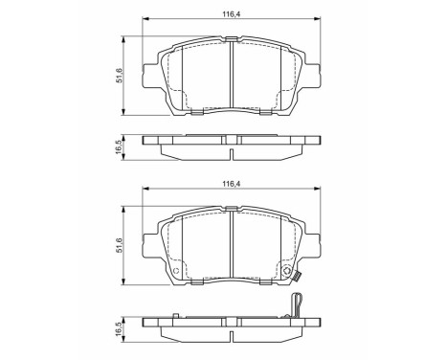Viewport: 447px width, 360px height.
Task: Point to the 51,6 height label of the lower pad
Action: coord(120,247)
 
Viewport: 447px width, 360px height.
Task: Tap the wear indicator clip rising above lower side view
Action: coord(298,304)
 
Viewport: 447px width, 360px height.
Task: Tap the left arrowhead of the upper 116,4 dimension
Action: coord(145,21)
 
